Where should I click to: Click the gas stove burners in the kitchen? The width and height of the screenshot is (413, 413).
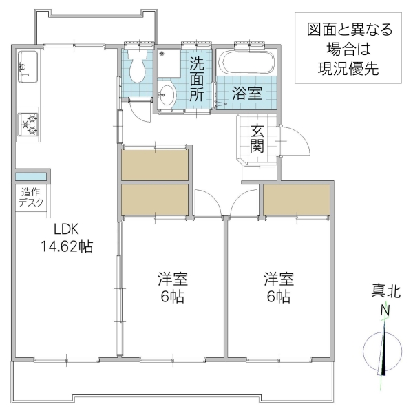[29, 125]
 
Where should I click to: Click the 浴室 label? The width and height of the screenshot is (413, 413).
[246, 94]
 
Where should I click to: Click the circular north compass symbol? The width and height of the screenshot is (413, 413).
[383, 352]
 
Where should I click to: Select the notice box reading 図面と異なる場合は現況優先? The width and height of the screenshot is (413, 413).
[349, 49]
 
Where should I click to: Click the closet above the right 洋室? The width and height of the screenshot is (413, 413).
[297, 200]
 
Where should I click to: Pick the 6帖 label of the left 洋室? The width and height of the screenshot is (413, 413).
[173, 297]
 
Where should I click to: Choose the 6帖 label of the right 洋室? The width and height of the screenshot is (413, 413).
[279, 297]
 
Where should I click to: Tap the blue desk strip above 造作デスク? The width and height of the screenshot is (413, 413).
[32, 176]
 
